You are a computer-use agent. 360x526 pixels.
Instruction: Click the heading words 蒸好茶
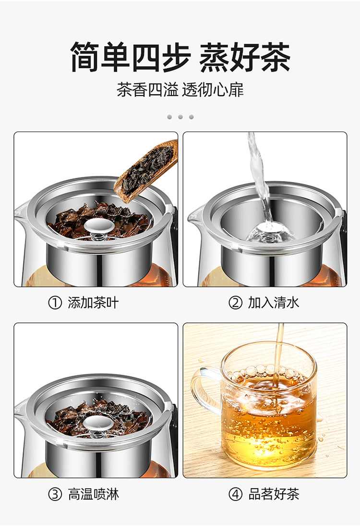tap(245, 57)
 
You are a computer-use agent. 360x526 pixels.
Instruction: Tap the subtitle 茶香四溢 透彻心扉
tap(180, 89)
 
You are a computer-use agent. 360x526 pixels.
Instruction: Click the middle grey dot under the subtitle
tap(180, 117)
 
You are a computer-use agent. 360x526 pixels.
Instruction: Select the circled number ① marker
tap(55, 303)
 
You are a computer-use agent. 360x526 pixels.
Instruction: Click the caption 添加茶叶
tap(93, 303)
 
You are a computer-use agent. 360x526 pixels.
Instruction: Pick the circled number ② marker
tap(235, 303)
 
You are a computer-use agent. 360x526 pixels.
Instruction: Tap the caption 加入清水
tap(274, 303)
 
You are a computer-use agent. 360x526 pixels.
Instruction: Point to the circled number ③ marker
tap(55, 494)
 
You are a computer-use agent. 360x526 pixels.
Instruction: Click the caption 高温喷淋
tap(93, 494)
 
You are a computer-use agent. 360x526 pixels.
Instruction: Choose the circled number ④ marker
tap(235, 494)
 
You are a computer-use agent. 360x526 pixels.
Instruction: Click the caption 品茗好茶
tap(274, 494)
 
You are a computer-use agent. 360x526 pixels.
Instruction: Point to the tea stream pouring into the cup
tap(278, 355)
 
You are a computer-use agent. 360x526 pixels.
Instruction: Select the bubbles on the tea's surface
tap(268, 372)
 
